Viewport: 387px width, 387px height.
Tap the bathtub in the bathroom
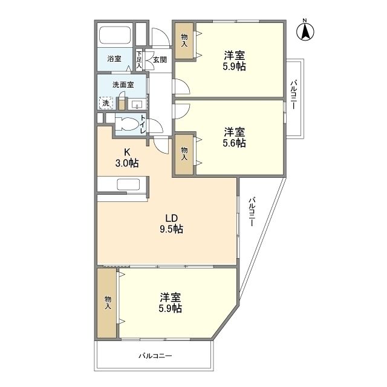[x=115, y=35]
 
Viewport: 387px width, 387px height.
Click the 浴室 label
[x=114, y=59]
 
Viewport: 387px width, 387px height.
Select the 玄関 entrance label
[x=160, y=59]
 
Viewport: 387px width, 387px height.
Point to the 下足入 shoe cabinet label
[x=139, y=59]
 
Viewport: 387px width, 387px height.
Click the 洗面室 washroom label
[x=123, y=85]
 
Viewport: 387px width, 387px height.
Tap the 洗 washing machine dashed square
[x=106, y=103]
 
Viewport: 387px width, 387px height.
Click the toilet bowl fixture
[x=127, y=123]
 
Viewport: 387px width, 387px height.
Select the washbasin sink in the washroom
[x=137, y=105]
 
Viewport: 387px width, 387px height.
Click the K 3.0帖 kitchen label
[x=127, y=158]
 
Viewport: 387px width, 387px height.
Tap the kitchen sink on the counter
[x=128, y=184]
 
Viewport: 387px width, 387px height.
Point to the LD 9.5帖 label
[x=172, y=224]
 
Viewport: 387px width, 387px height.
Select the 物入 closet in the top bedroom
[x=184, y=41]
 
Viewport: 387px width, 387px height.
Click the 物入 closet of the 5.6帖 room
[x=184, y=154]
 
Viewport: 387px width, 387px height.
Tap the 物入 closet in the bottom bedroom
[x=108, y=302]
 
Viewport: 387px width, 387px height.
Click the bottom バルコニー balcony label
[x=155, y=356]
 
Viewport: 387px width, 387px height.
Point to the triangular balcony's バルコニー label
[x=252, y=212]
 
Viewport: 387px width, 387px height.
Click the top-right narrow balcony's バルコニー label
[x=293, y=94]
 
